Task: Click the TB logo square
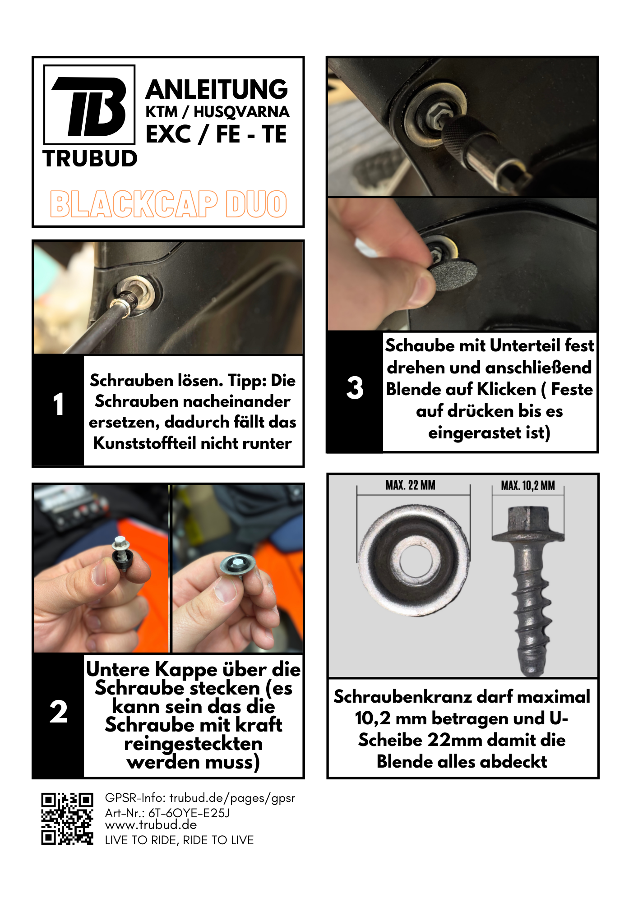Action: coord(89,105)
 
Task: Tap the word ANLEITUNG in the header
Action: coord(217,89)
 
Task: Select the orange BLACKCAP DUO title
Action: coord(168,204)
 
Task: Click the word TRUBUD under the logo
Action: coord(90,159)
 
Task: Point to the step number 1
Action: coord(59,404)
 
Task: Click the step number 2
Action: coord(59,712)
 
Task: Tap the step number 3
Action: coord(355,388)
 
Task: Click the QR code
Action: coord(67,819)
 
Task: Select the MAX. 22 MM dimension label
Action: coord(411,485)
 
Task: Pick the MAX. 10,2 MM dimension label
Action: coord(528,486)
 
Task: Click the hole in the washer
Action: coord(414,561)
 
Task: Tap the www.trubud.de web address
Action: coord(151,825)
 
